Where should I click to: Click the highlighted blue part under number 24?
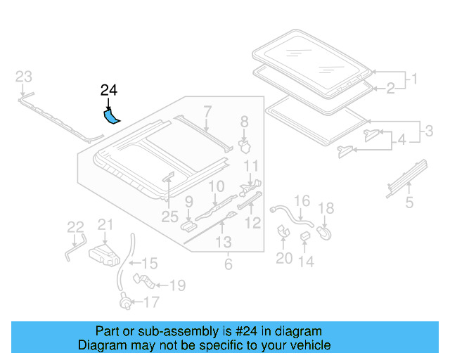pos(111,115)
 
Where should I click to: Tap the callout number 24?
pos(109,90)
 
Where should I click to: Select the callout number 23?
pos(24,77)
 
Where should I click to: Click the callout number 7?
pos(207,110)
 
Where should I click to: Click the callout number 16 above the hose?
pos(301,202)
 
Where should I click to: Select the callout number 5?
pos(409,205)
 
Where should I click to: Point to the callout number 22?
pos(75,226)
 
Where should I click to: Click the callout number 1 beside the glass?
pos(415,79)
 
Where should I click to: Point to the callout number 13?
pos(223,243)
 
